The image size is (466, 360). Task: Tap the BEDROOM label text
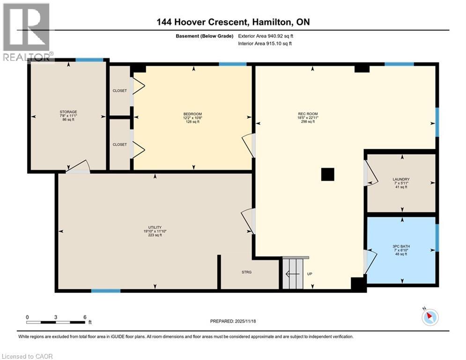(192, 114)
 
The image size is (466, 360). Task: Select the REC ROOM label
(308, 114)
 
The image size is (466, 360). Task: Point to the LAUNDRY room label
(401, 179)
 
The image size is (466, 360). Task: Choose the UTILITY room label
(155, 227)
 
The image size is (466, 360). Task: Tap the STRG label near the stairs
(247, 272)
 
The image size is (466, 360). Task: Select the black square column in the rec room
(328, 174)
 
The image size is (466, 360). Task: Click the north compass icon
(429, 317)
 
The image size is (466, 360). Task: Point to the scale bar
(56, 322)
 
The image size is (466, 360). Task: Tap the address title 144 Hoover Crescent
(233, 22)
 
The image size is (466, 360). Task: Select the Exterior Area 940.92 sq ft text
(266, 36)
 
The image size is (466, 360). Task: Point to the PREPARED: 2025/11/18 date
(233, 321)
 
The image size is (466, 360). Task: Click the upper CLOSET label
(119, 90)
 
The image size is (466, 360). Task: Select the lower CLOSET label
(119, 144)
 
